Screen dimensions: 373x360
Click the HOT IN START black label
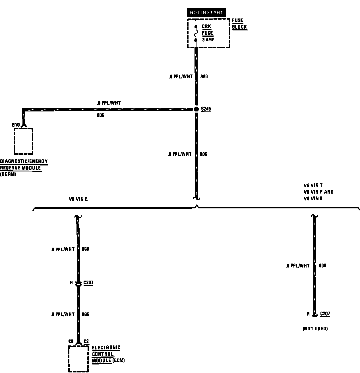(206, 13)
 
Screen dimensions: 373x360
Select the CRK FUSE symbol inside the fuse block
(196, 33)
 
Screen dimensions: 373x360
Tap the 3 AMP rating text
(208, 40)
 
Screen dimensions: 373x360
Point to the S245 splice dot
(196, 109)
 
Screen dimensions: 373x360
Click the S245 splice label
(206, 109)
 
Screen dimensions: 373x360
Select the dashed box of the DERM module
(23, 141)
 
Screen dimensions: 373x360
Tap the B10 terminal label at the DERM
(16, 125)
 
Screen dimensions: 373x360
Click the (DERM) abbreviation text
(8, 175)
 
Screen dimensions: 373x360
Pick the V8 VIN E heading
(78, 199)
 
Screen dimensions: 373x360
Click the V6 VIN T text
(313, 185)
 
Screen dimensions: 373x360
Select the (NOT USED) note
(315, 329)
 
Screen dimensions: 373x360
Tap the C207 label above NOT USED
(325, 314)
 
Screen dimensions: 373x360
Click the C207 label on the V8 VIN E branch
(88, 283)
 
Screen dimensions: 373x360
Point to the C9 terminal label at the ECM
(71, 341)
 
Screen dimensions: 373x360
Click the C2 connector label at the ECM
(86, 341)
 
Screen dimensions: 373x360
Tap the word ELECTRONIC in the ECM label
(106, 348)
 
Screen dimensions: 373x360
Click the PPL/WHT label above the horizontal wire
(109, 103)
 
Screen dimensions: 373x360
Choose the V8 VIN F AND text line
(318, 192)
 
